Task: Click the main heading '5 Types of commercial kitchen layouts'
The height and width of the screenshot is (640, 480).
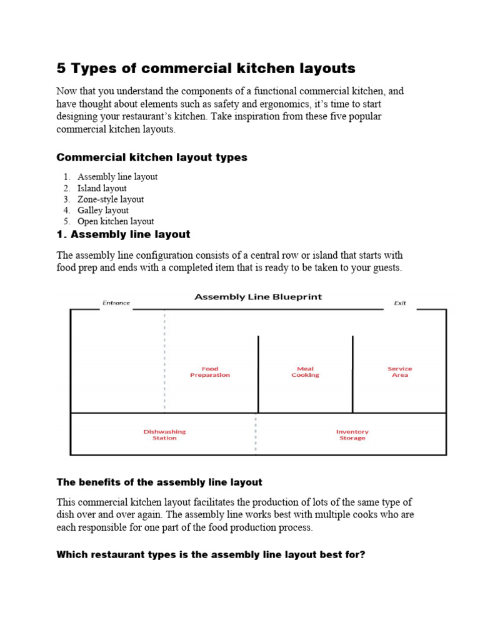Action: point(206,68)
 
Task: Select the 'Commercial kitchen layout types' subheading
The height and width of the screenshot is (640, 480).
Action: point(152,157)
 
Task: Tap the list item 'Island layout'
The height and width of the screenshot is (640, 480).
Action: point(102,188)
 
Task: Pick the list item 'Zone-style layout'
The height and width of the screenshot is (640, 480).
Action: point(111,199)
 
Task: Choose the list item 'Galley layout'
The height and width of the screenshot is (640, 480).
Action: point(103,211)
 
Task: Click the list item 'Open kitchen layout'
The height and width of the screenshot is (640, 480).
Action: point(116,221)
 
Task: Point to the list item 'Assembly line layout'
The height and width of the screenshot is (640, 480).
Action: point(117,177)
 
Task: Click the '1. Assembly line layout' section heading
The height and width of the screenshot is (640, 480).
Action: point(123,235)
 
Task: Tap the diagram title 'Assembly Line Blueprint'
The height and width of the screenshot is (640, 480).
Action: point(258,297)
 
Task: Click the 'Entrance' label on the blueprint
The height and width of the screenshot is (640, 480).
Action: point(116,303)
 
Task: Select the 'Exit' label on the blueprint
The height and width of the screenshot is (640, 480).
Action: point(400,303)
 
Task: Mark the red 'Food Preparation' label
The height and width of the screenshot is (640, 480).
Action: point(210,372)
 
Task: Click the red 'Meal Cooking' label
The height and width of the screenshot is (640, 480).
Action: point(305,372)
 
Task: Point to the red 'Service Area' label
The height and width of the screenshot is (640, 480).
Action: point(400,372)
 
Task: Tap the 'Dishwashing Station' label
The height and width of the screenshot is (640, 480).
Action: point(164,435)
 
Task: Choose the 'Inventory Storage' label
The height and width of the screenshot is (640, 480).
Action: point(352,435)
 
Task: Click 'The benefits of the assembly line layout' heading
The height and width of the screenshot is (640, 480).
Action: point(159,482)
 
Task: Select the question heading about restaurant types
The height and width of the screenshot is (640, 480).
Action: point(211,554)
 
